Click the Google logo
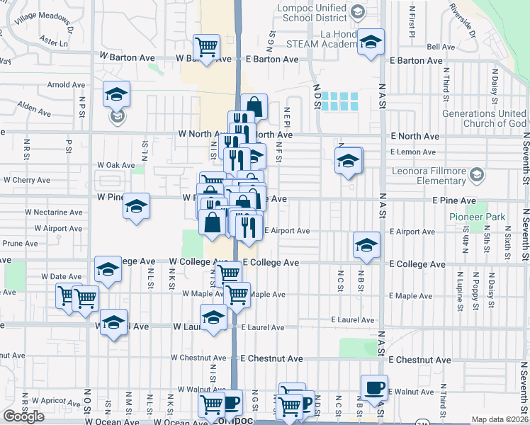(23, 416)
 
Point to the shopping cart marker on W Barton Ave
(206, 47)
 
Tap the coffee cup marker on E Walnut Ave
(374, 387)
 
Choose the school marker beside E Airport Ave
(366, 245)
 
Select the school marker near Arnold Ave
(117, 94)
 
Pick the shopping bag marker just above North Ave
(254, 107)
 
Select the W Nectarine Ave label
(53, 212)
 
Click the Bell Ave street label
(440, 46)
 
